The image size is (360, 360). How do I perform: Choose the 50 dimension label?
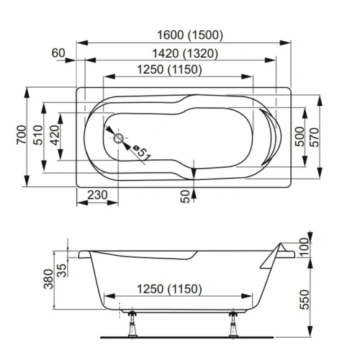pyautogui.click(x=185, y=195)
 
